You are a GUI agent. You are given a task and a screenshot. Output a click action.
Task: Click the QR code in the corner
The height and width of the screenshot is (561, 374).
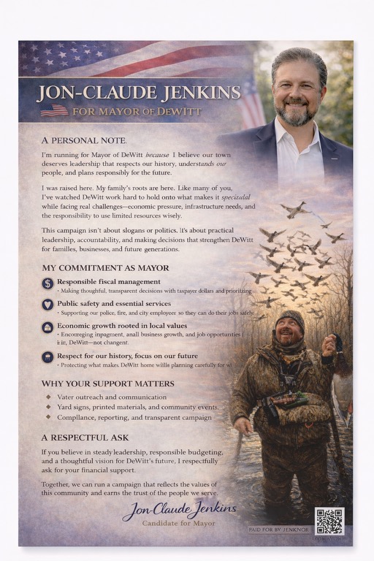point(329,521)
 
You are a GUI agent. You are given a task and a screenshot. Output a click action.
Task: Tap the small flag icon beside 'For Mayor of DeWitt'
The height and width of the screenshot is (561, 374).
point(54,110)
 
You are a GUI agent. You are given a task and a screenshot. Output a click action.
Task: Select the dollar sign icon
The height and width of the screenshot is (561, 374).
point(47,283)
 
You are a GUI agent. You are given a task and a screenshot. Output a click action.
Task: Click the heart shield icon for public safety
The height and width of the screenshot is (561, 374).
point(47,305)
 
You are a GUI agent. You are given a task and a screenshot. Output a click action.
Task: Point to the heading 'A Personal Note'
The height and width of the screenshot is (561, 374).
point(84,140)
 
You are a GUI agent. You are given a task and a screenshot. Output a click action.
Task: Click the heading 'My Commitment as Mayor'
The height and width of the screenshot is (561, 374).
point(105,268)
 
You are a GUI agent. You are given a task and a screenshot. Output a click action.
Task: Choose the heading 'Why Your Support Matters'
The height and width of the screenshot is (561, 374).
point(107,383)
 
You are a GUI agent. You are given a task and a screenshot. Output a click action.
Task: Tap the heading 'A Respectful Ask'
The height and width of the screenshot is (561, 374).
point(85,438)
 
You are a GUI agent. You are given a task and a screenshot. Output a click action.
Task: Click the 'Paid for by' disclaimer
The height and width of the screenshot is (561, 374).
point(279,529)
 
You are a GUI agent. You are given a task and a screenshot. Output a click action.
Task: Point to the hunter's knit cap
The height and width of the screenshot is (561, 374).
point(290,318)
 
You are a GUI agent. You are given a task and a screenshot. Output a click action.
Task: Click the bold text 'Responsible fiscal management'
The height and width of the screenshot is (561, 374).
point(109,281)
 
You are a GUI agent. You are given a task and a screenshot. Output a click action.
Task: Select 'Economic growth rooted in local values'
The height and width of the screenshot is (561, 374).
point(122,325)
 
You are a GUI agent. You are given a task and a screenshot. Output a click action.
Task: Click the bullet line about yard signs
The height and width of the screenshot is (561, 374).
point(137,407)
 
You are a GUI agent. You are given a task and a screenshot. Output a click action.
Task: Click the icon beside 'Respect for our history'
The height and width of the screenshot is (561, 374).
point(47,357)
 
